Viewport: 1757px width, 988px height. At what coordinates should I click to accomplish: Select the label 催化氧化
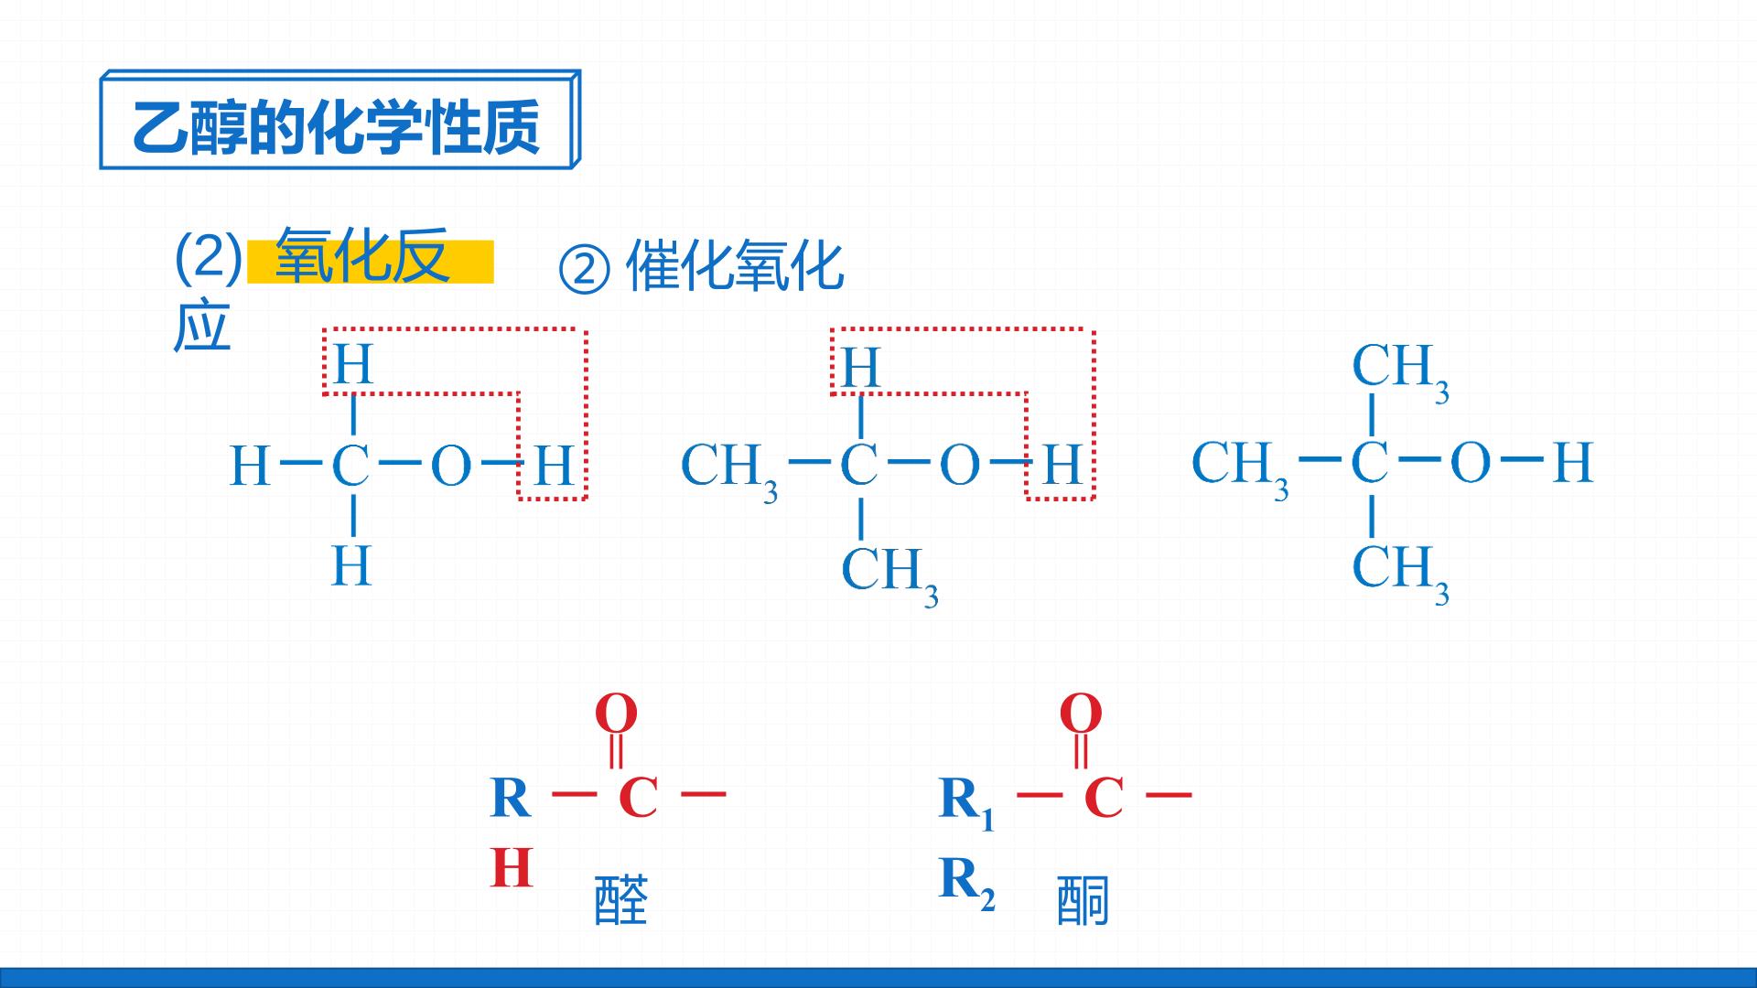[735, 266]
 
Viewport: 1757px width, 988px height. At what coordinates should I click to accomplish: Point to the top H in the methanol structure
[353, 364]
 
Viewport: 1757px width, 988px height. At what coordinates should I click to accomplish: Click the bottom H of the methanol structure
[351, 565]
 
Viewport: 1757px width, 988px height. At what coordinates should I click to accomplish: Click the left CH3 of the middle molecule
[729, 471]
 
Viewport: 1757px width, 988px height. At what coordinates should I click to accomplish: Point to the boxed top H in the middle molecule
[860, 368]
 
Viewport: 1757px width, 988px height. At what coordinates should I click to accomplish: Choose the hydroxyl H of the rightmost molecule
[1573, 462]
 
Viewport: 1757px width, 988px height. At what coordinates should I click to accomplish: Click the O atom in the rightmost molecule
[1471, 462]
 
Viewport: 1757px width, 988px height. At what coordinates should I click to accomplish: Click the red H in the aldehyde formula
[512, 868]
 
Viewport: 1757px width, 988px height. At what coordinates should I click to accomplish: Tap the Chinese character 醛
[621, 900]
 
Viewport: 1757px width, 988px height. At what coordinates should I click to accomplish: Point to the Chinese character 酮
[1083, 900]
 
